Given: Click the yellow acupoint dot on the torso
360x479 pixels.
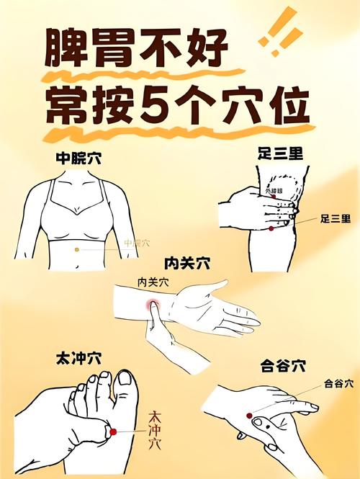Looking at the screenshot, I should [77, 249].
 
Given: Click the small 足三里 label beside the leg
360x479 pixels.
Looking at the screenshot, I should [335, 218].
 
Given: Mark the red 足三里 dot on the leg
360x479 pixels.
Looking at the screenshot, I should [271, 228].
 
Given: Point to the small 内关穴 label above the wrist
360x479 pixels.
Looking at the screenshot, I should [153, 283].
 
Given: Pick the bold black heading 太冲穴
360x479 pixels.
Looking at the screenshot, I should [78, 357].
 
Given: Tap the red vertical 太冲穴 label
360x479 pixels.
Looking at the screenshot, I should [154, 430].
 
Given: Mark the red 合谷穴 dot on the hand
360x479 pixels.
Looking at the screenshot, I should [249, 416].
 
